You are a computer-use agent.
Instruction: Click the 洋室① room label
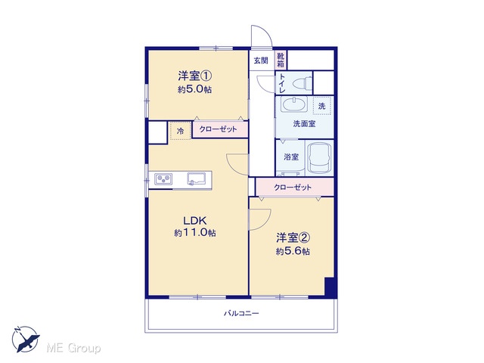tap(194, 76)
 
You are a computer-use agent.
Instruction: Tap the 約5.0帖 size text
tap(194, 89)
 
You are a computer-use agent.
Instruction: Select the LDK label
tap(194, 221)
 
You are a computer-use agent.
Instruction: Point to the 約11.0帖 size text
tap(195, 233)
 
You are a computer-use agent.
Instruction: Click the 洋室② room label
tap(293, 238)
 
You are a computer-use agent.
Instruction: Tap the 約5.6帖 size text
tap(293, 251)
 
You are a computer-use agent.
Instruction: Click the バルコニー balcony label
tap(241, 314)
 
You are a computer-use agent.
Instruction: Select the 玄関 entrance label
tap(261, 60)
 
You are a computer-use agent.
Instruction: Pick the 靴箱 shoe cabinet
tap(281, 60)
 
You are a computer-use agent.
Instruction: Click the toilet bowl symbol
tap(302, 83)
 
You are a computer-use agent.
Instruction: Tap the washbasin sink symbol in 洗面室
tap(294, 104)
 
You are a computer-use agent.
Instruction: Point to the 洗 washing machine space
tap(321, 106)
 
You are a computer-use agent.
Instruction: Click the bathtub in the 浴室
tap(319, 158)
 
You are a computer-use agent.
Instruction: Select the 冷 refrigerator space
tap(180, 131)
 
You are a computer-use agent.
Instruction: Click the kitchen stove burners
tap(163, 179)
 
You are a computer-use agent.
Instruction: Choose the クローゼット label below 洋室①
tap(218, 129)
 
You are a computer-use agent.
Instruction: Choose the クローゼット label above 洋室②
tap(293, 188)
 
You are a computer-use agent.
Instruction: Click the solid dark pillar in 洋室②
tap(330, 287)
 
